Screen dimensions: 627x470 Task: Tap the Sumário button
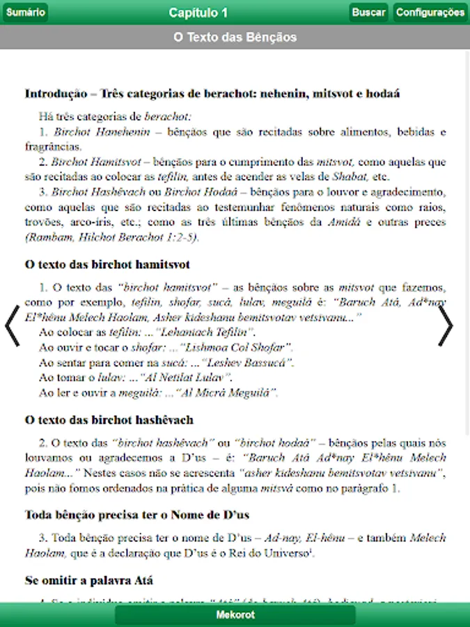tap(26, 13)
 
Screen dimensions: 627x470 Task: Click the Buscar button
tap(368, 13)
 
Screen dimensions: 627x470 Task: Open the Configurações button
tap(430, 13)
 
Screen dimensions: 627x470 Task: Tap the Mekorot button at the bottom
tap(235, 615)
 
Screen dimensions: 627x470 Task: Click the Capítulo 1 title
tap(198, 13)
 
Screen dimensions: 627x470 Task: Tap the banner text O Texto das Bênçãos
tap(235, 37)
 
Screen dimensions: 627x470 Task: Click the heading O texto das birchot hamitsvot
tap(107, 265)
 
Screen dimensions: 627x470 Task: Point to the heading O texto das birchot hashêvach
tap(109, 420)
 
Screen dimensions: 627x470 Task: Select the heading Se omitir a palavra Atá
tap(89, 580)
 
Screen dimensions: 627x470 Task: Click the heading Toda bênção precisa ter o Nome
tap(136, 515)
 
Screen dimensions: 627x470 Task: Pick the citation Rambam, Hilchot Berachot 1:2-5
tap(111, 237)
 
